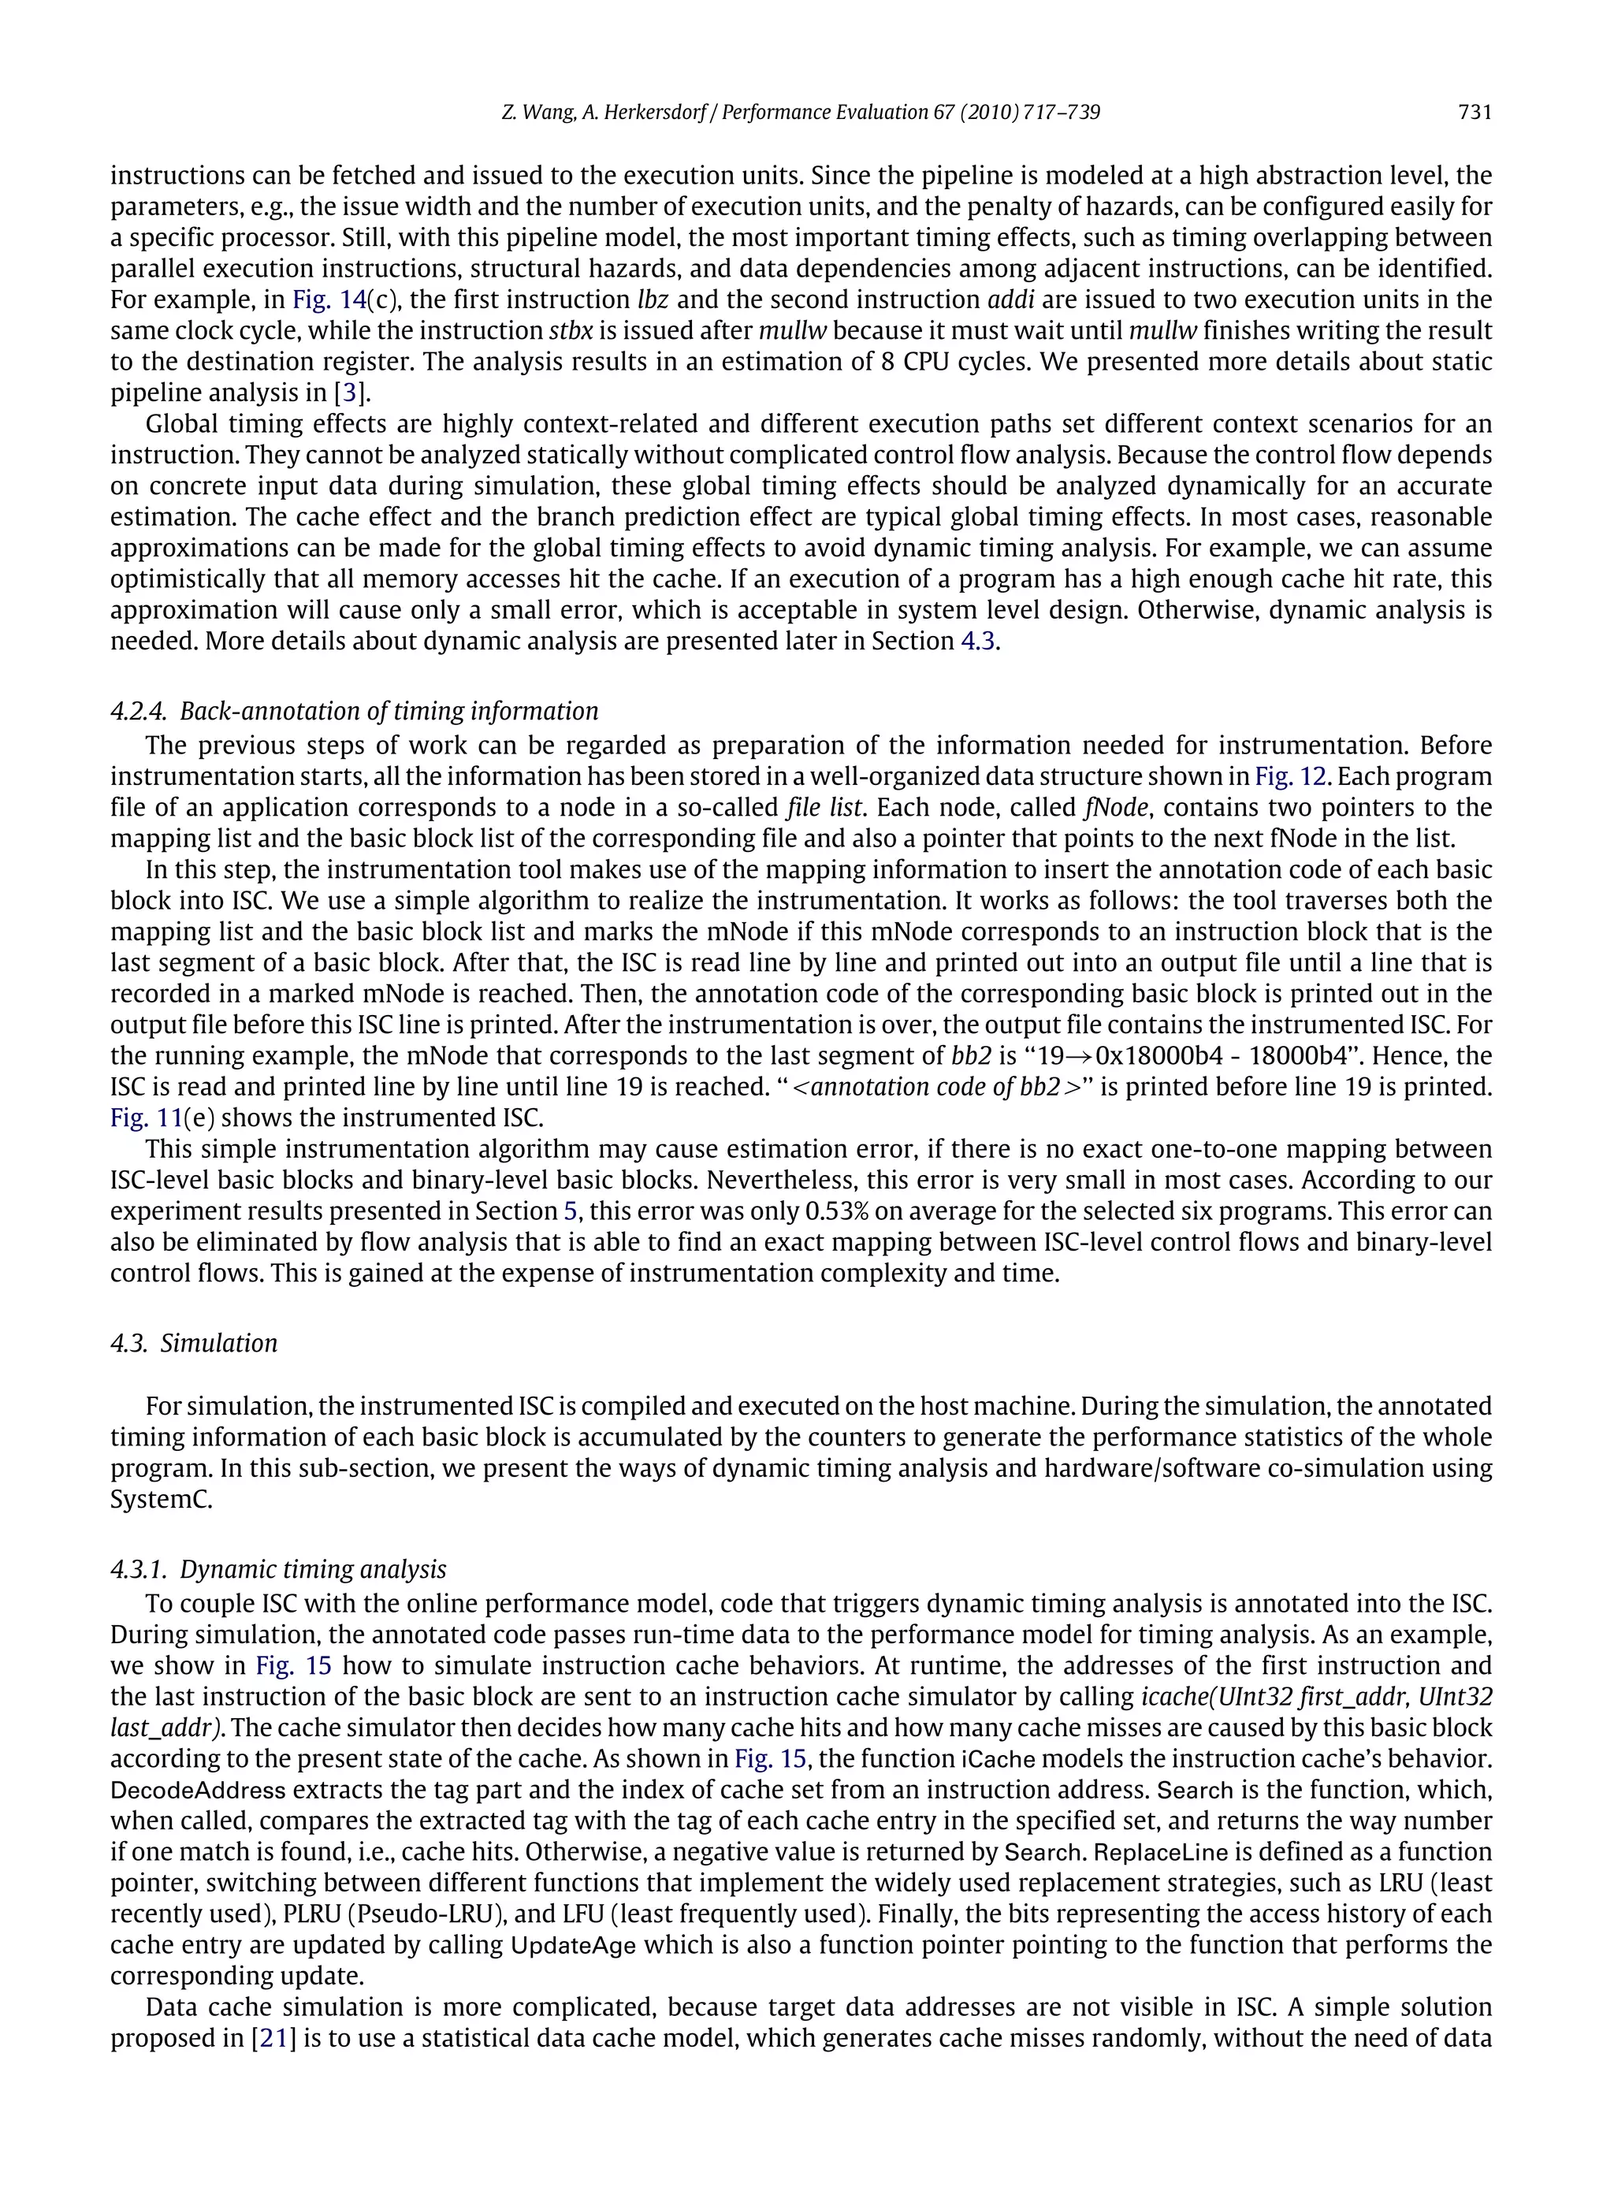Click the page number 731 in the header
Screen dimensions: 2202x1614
[1475, 113]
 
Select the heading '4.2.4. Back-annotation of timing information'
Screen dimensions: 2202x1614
[354, 711]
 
